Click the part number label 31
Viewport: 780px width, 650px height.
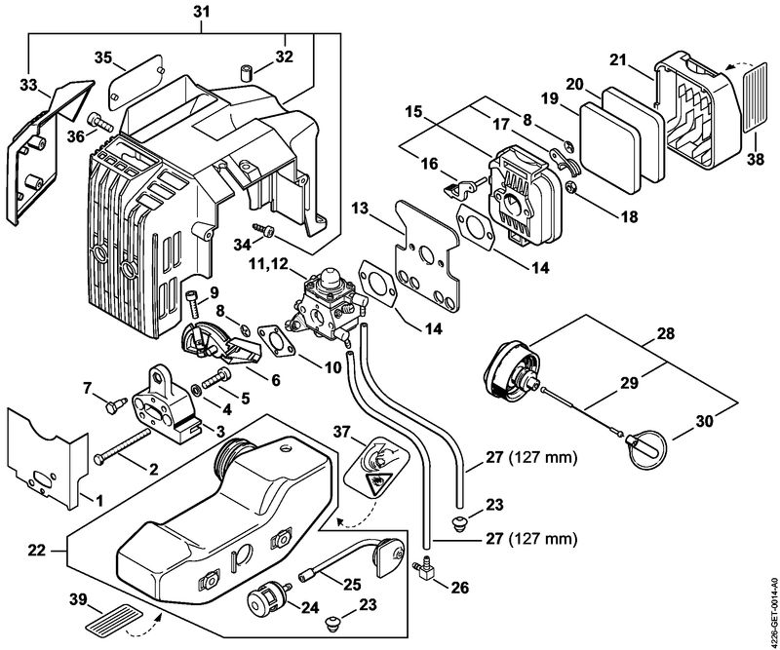(x=201, y=11)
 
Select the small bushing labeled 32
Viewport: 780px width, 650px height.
(x=246, y=71)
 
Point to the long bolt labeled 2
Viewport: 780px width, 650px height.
(x=122, y=445)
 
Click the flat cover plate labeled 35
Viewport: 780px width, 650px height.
(x=136, y=82)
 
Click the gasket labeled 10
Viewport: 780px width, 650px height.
(x=276, y=340)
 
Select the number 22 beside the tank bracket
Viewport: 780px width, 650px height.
(x=37, y=550)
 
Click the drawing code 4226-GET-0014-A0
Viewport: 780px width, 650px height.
(x=772, y=611)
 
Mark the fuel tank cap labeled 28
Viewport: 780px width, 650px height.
(x=512, y=369)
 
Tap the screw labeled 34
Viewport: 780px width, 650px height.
(x=264, y=230)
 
